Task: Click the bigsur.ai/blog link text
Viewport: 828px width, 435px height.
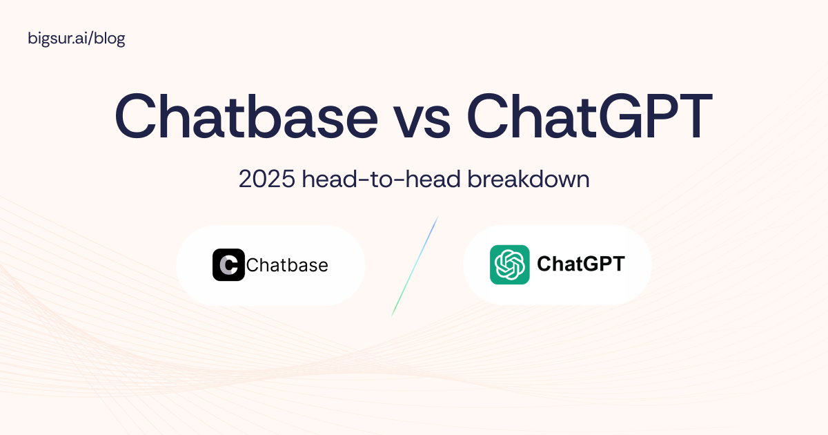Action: click(77, 39)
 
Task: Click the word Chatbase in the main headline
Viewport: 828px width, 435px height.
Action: click(246, 116)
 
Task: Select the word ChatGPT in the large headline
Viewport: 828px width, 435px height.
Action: click(589, 116)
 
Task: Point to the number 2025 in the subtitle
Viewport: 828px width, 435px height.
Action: click(267, 179)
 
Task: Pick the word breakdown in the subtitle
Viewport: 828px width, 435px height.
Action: click(529, 179)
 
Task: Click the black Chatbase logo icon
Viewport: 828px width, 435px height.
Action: click(228, 265)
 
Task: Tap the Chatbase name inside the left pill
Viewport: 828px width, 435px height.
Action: click(287, 265)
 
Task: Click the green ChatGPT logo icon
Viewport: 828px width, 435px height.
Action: click(510, 264)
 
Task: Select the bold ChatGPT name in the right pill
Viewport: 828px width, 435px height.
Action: click(581, 264)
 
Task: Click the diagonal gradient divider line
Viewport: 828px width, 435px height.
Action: click(415, 267)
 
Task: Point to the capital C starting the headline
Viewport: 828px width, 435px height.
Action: click(135, 116)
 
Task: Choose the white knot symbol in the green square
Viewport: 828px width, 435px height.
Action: click(510, 264)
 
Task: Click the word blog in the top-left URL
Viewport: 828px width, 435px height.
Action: click(110, 39)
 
